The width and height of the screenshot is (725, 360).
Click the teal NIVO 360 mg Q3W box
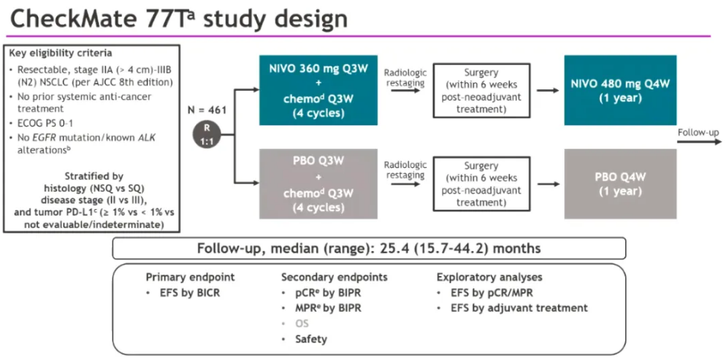(x=318, y=90)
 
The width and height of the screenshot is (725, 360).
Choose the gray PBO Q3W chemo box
(x=318, y=183)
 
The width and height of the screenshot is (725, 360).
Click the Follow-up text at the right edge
(x=698, y=133)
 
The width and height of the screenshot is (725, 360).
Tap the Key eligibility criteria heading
(x=60, y=53)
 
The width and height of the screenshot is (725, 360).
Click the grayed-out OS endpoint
(x=303, y=323)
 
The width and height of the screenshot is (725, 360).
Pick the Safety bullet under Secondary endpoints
(x=311, y=339)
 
